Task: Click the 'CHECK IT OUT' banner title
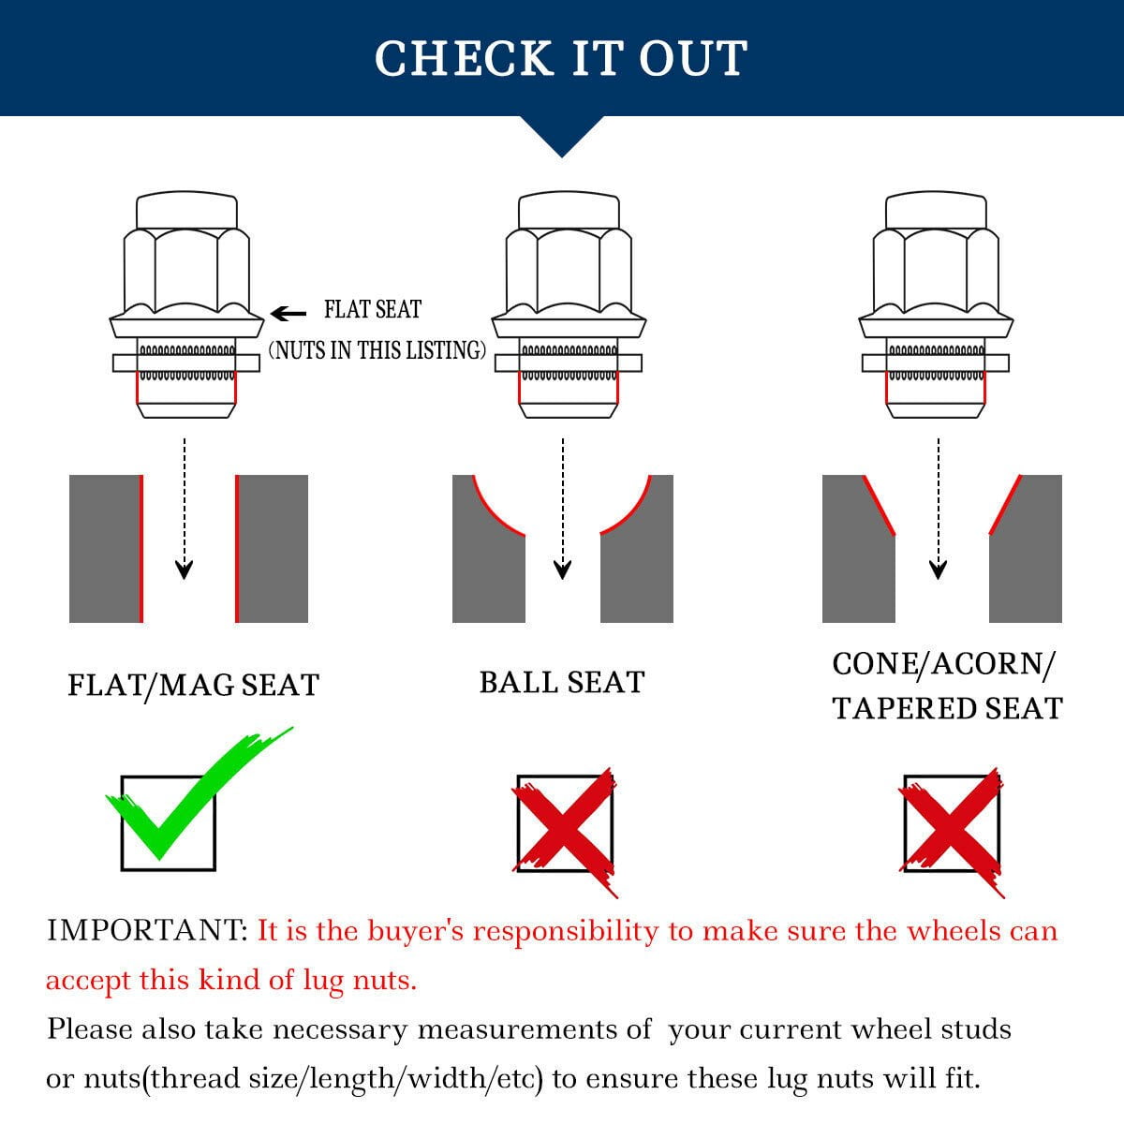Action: click(x=560, y=58)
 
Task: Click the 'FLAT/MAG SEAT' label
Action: click(x=194, y=685)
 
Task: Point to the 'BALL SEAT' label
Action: click(x=562, y=682)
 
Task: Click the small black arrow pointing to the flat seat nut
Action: click(x=288, y=314)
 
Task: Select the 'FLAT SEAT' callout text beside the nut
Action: click(x=373, y=309)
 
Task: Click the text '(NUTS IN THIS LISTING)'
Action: click(x=377, y=350)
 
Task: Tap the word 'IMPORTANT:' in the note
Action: click(x=148, y=930)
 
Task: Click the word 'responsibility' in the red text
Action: click(x=565, y=932)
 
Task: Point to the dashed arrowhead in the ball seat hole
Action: click(x=562, y=569)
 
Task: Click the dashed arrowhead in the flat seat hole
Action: click(x=185, y=569)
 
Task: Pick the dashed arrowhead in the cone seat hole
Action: click(x=938, y=569)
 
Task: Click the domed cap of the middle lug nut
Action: click(x=569, y=210)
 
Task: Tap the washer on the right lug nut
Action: click(x=936, y=363)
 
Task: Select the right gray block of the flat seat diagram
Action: click(x=272, y=549)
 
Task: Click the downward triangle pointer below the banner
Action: click(x=562, y=134)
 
